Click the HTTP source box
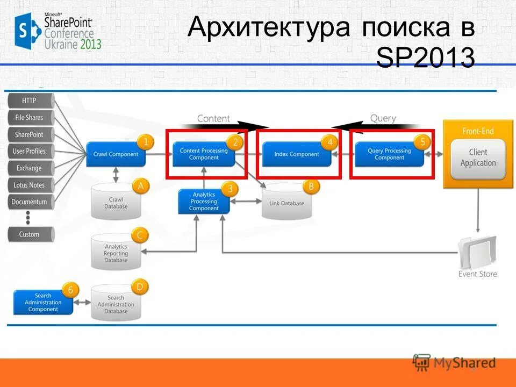pos(30,101)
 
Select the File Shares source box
pos(30,118)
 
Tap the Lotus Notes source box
pos(30,185)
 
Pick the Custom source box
pos(30,234)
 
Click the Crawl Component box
pos(116,154)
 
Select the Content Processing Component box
pos(204,154)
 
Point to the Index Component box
pos(297,154)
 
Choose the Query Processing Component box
pos(389,154)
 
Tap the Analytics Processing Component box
pos(204,202)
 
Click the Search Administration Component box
pos(43,302)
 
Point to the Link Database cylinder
pos(286,203)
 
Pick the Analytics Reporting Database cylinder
pos(116,253)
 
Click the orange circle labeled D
pos(140,287)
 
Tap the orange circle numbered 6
pos(70,290)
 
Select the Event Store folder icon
pos(477,253)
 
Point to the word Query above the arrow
pos(383,118)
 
